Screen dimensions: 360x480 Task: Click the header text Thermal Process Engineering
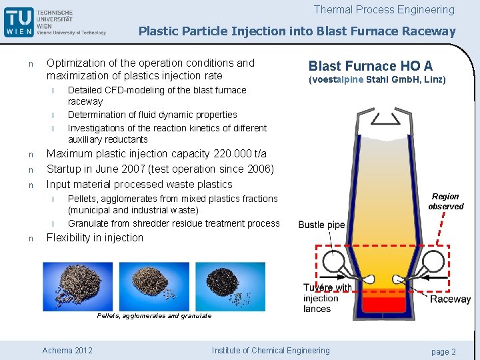(x=384, y=10)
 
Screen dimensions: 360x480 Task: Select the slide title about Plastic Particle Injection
(x=297, y=31)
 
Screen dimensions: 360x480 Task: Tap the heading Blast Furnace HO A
(x=370, y=66)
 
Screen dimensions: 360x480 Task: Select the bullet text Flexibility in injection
(x=95, y=238)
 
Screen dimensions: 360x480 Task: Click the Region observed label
(x=445, y=201)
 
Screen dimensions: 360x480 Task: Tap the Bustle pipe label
(x=321, y=225)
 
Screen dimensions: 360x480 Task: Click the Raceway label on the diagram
(x=450, y=299)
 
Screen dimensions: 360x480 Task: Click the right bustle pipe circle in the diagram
(x=435, y=262)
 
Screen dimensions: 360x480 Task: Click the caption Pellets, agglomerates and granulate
(x=154, y=315)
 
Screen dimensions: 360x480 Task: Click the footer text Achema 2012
(x=67, y=351)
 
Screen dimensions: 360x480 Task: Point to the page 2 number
(x=443, y=351)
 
